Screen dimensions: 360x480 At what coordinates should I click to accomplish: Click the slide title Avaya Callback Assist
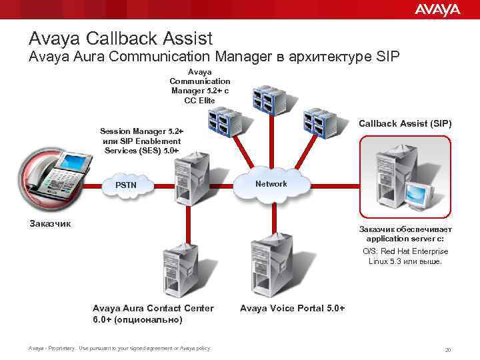coord(120,38)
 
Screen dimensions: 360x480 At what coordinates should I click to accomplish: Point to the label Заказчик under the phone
coord(50,223)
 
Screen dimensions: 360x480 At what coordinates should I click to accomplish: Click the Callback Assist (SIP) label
coord(405,123)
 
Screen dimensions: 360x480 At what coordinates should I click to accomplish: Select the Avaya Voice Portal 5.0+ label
coord(292,308)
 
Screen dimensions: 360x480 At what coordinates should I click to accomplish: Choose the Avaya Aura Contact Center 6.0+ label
coord(153,313)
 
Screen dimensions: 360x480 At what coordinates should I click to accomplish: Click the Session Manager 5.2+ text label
coord(141,141)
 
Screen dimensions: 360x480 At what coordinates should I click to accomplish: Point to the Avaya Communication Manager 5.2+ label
coord(200,86)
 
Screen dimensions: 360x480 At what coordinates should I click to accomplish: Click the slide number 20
coord(448,349)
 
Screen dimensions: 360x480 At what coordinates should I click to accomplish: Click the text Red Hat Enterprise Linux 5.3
coord(405,256)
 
